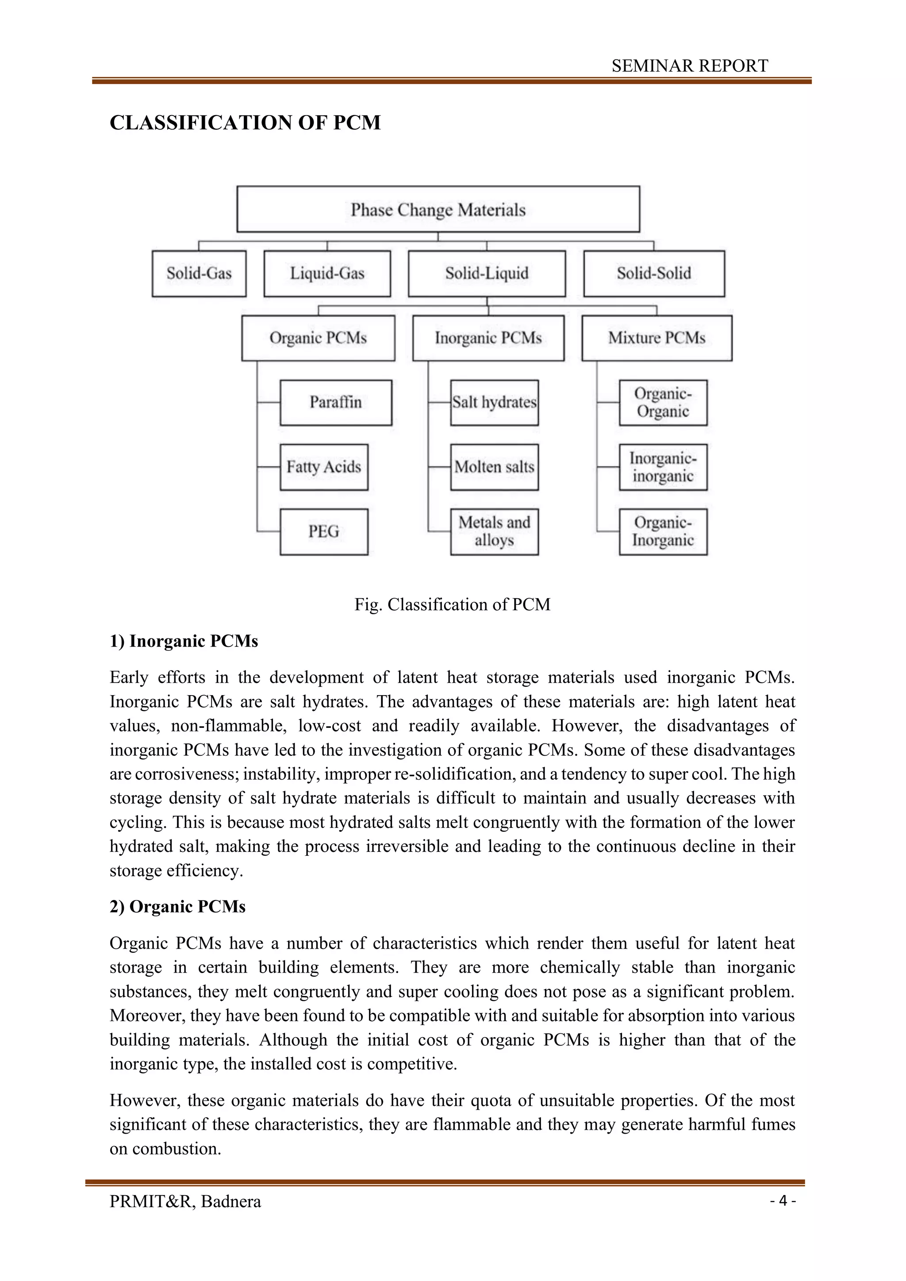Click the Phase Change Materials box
[438, 209]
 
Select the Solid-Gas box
[199, 273]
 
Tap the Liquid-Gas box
[327, 273]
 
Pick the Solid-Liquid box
[487, 273]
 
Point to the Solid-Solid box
[654, 273]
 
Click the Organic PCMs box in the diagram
[318, 338]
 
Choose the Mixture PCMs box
[656, 338]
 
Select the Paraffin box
[336, 402]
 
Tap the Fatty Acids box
[323, 467]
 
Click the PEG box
[323, 531]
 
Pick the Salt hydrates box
[494, 402]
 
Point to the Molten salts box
[494, 467]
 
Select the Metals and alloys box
[494, 531]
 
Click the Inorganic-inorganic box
[663, 467]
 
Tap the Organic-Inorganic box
[663, 531]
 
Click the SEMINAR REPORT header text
[690, 66]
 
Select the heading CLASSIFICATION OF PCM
[245, 123]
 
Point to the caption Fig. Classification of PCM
[453, 604]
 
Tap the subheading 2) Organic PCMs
[177, 907]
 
